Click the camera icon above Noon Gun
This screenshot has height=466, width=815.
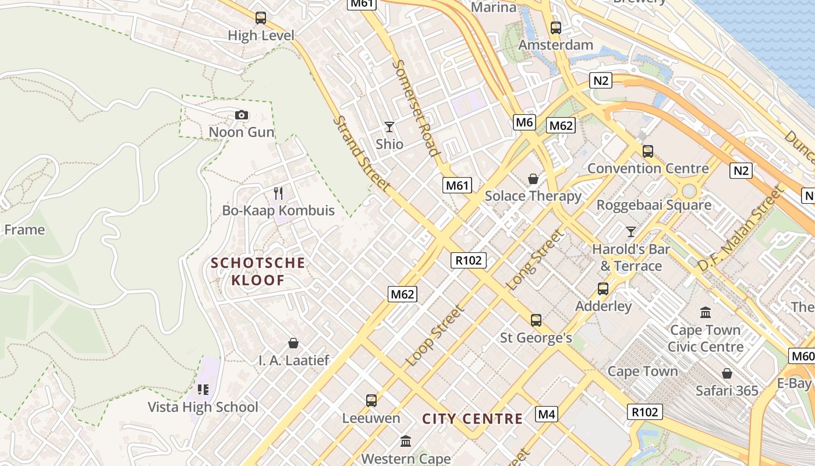[x=242, y=115]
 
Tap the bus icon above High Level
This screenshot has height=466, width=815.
[x=260, y=18]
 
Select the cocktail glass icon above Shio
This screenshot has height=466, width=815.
[x=389, y=126]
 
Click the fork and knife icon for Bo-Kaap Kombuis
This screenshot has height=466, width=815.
[x=278, y=193]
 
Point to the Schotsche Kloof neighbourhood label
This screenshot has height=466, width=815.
[x=258, y=271]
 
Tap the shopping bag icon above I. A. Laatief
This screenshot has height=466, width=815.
[x=293, y=343]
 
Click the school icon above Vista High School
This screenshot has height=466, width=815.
[x=203, y=389]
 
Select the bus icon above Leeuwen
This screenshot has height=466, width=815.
[x=371, y=401]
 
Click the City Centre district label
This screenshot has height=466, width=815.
[x=472, y=419]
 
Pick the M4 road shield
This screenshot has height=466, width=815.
[x=547, y=414]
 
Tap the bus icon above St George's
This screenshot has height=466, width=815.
[x=536, y=320]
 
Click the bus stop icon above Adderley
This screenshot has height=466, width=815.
[x=603, y=288]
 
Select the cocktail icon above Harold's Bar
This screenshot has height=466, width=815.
[x=630, y=232]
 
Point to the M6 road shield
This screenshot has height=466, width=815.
[x=525, y=122]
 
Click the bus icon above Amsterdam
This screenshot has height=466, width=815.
[x=555, y=27]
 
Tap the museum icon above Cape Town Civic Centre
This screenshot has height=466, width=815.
[x=706, y=312]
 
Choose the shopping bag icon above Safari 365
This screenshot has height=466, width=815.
[x=727, y=373]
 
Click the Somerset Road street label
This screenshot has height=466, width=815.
[x=416, y=108]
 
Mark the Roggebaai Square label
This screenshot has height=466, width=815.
[x=654, y=205]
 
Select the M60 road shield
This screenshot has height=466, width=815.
[x=802, y=356]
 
